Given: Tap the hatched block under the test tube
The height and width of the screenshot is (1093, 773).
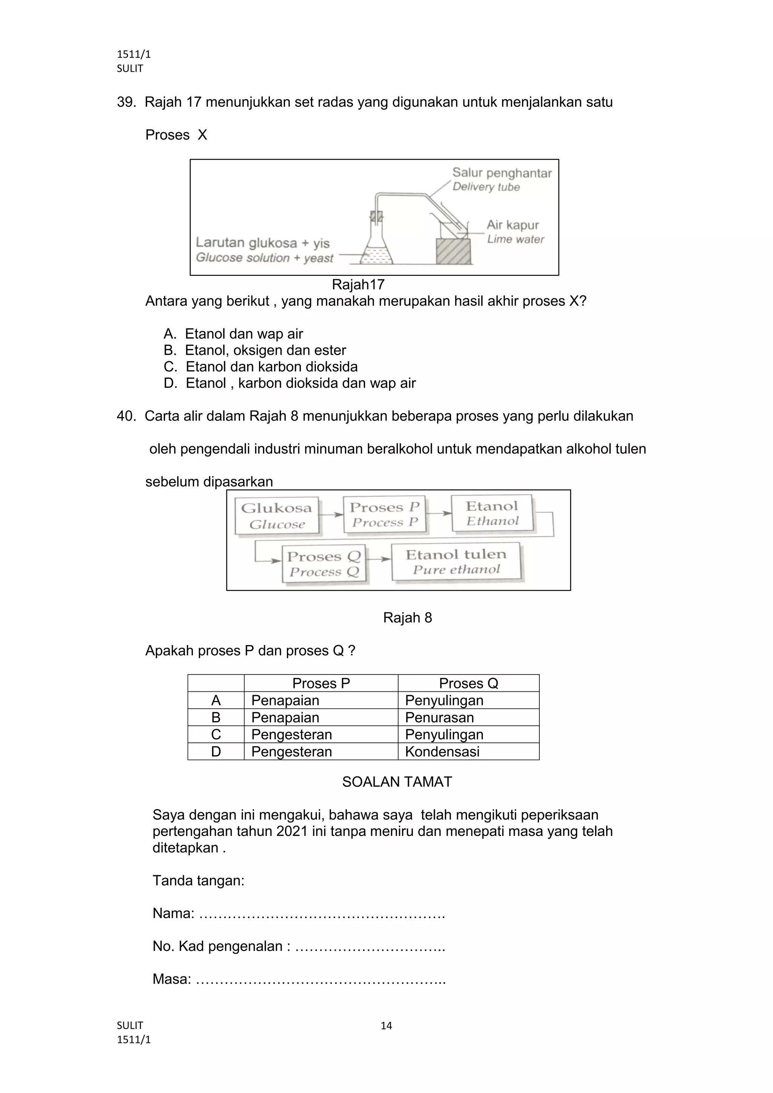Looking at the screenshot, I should (453, 251).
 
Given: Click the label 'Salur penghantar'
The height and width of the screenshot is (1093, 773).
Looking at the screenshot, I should (502, 173).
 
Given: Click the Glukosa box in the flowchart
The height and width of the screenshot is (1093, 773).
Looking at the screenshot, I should (277, 516).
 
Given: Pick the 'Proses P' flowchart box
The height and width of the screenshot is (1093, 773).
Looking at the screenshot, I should (384, 514).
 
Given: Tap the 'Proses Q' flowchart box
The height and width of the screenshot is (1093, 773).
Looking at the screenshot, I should (324, 563).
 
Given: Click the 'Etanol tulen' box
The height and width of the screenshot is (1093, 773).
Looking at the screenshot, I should (456, 562).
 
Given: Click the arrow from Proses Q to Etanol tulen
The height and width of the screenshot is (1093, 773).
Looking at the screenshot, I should (379, 559).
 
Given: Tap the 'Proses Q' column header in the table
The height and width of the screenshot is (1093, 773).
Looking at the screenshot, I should (468, 683).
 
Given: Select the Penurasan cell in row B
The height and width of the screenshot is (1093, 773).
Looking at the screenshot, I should (439, 717).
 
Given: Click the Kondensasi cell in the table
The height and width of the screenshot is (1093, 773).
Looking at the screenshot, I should (442, 752).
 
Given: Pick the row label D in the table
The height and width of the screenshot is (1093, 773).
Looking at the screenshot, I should (216, 752).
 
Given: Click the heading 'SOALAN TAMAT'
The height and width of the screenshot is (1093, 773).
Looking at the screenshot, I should (397, 782).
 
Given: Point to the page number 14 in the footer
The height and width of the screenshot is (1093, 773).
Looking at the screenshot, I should (386, 1026).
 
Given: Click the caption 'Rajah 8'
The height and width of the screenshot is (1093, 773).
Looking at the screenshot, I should (407, 617).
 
